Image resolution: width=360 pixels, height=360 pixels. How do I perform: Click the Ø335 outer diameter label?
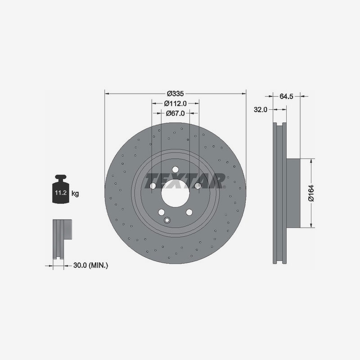coord(175,94)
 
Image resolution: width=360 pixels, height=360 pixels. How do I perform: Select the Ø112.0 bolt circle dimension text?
coord(175,103)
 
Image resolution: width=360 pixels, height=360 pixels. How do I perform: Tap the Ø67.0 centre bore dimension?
coord(175,113)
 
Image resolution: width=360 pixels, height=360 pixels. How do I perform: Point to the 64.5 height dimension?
coord(286,96)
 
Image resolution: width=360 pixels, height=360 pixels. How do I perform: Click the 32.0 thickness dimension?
coord(261,109)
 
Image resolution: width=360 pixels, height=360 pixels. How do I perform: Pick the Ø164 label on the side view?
coord(310,193)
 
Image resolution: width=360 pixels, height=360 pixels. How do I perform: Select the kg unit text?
coord(75,194)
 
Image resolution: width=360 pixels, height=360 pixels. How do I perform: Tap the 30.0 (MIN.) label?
coord(90,265)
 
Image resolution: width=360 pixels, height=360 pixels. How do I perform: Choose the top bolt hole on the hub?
coord(175,170)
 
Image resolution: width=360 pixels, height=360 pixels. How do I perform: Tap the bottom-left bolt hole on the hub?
coord(161,213)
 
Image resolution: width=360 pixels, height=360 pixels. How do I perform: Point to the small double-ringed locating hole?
coord(168,220)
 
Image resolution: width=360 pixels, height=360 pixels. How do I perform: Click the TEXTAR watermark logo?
coord(184,181)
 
